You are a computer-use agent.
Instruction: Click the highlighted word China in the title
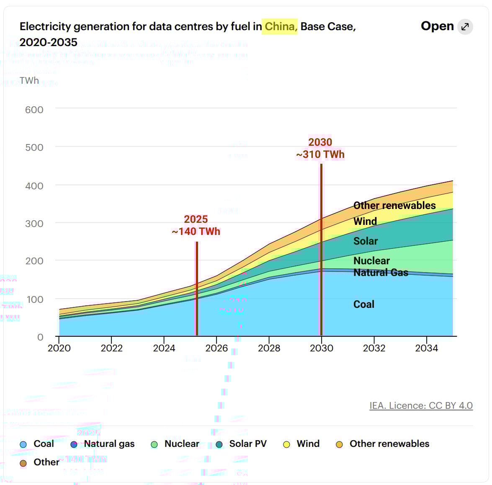tap(279, 26)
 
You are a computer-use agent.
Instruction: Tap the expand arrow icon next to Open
tap(465, 27)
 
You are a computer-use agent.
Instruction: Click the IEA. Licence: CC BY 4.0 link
tap(421, 405)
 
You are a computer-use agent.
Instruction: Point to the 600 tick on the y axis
tap(34, 110)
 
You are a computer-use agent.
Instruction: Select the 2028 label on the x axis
tap(269, 348)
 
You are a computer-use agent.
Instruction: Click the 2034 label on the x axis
tap(426, 348)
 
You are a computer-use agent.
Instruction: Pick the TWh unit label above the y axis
tap(29, 80)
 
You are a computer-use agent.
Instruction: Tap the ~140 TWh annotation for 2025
tap(196, 231)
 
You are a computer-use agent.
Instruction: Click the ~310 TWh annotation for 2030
tap(320, 154)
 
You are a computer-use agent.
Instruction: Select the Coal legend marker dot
tap(24, 444)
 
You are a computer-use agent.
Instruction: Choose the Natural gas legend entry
tap(109, 444)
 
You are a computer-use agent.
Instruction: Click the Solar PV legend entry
tap(247, 444)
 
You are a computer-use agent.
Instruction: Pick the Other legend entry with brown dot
tap(46, 462)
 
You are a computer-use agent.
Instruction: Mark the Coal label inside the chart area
tap(364, 304)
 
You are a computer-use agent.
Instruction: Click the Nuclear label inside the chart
tap(371, 261)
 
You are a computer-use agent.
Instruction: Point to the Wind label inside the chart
tap(365, 221)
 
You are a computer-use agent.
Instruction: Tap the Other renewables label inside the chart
tap(394, 205)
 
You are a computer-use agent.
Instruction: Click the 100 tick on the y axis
tap(34, 299)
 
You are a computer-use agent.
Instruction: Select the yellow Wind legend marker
tap(287, 444)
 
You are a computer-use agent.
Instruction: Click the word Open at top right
tap(437, 26)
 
